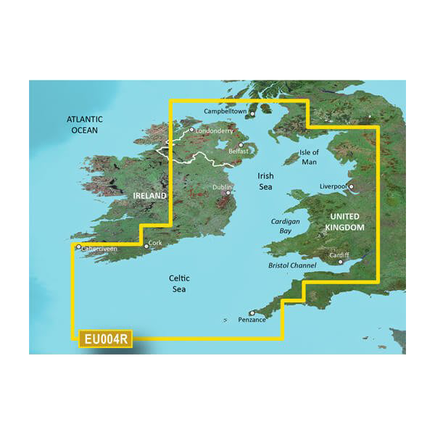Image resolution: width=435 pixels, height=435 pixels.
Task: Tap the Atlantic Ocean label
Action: pyautogui.click(x=85, y=125)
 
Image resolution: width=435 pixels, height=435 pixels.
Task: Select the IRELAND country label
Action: pyautogui.click(x=149, y=196)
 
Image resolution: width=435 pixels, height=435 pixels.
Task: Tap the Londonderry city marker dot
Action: pyautogui.click(x=191, y=130)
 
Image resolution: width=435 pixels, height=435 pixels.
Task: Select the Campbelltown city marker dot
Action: pyautogui.click(x=253, y=114)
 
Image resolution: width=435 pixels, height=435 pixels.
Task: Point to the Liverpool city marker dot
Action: pyautogui.click(x=352, y=187)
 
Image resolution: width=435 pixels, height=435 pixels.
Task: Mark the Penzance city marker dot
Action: pyautogui.click(x=252, y=313)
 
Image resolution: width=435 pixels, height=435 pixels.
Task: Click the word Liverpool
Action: pyautogui.click(x=334, y=186)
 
